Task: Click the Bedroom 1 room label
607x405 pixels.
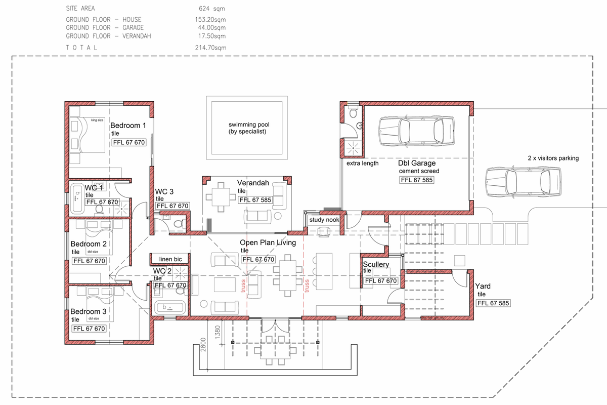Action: tap(128, 125)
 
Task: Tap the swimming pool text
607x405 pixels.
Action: tap(247, 128)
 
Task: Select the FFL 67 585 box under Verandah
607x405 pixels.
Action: tap(255, 200)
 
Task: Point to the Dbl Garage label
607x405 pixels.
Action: tap(417, 164)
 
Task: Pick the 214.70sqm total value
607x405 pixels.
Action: tap(212, 47)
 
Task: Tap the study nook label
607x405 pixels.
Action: tap(324, 220)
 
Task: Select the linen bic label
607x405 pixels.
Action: tap(170, 259)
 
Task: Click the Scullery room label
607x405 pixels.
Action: tap(376, 264)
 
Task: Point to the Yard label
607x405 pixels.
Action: tap(483, 286)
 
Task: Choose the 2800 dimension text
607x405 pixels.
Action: tap(202, 345)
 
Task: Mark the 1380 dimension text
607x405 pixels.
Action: tap(219, 332)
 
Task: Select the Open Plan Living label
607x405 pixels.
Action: tap(268, 243)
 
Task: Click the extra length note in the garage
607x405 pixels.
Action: tap(362, 164)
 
